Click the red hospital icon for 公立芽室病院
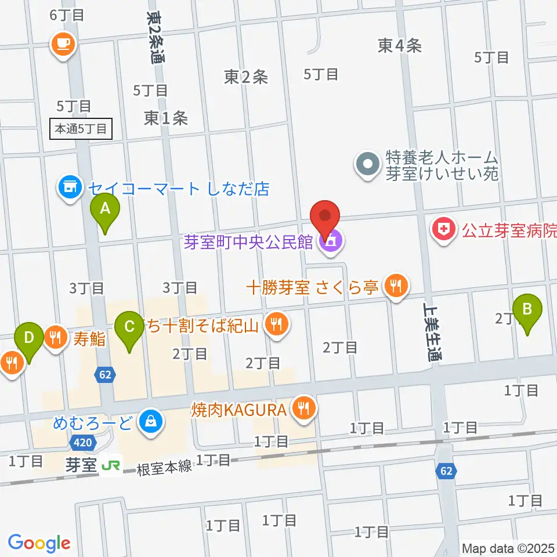coord(444,231)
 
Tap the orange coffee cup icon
coord(63,43)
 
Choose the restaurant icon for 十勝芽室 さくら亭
coord(396,287)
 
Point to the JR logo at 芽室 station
coord(110,465)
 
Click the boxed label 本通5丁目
coord(81,129)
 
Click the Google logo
coord(39,542)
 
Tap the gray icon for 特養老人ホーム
coord(367,165)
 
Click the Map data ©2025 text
coord(508,548)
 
